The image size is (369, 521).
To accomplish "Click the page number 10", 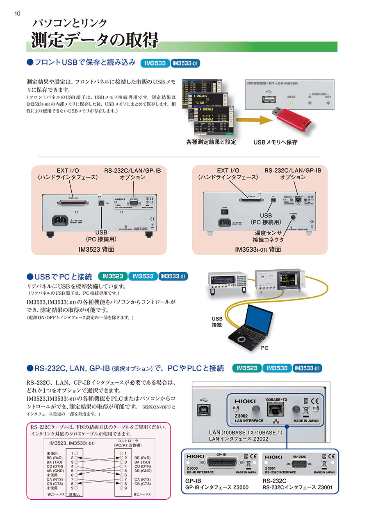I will pos(17,14).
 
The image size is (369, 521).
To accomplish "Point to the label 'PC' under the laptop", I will pos(265,348).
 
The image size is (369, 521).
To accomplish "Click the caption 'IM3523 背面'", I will pos(97,249).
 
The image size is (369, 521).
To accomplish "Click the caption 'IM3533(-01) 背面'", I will pos(258,249).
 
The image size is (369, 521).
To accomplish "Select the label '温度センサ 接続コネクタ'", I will pos(268,236).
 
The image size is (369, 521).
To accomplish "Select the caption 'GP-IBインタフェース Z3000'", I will pos(217,487).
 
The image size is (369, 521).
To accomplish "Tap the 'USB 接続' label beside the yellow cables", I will pos(217,322).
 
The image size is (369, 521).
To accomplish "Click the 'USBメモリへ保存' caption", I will pos(275,142).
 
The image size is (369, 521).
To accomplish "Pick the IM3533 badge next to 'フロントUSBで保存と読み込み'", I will pos(155,63).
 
